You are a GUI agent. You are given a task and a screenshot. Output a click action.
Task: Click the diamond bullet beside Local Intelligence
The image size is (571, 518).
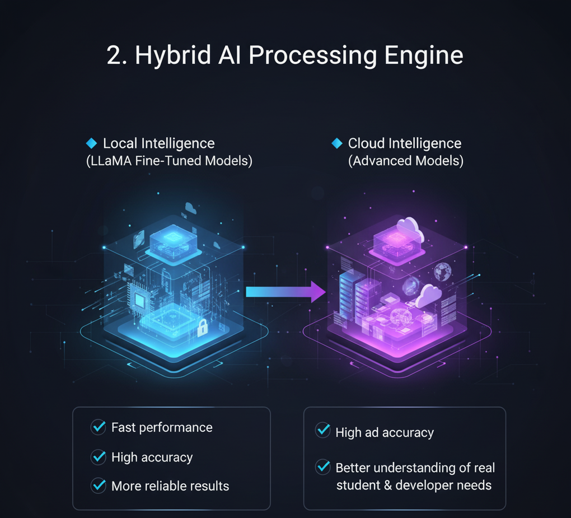[91, 143]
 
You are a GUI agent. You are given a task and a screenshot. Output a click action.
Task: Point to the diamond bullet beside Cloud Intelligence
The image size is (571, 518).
[336, 143]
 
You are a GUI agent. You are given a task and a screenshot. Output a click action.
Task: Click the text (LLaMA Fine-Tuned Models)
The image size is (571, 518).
[169, 161]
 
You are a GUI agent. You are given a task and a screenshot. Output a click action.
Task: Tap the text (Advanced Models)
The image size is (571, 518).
[406, 161]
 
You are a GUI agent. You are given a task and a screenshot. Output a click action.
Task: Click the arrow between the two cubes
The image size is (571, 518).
[285, 292]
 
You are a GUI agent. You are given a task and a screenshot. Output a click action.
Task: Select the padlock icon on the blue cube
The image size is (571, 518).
[202, 328]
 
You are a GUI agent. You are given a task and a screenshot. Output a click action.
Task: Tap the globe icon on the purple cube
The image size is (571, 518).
[442, 272]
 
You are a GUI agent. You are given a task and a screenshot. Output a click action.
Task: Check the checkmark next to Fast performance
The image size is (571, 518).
[99, 427]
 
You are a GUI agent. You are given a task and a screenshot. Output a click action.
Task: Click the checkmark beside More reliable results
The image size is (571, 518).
[99, 486]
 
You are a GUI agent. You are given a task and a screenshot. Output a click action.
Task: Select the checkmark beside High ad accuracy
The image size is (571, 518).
[323, 431]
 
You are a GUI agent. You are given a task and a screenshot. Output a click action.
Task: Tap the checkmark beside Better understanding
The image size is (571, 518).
[323, 466]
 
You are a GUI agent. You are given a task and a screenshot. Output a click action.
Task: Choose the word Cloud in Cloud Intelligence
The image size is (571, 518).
[366, 143]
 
